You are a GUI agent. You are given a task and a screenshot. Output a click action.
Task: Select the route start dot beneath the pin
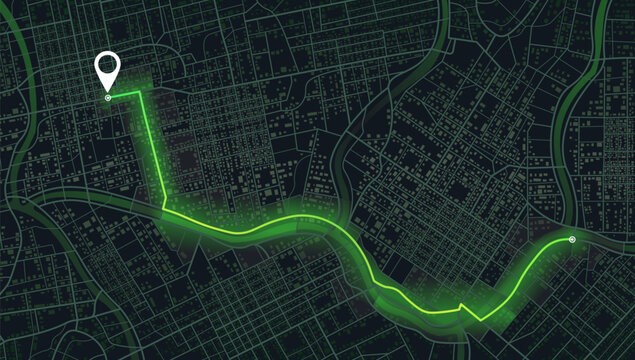tap(107, 98)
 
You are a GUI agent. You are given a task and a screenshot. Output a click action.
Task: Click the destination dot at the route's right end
tap(571, 240)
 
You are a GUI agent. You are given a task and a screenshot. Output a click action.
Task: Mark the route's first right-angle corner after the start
tap(140, 94)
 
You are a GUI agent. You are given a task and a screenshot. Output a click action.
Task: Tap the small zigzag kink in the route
tap(460, 305)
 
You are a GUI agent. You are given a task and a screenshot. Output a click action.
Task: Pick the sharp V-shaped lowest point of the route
tap(480, 320)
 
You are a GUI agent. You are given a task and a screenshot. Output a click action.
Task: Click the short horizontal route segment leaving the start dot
tap(123, 96)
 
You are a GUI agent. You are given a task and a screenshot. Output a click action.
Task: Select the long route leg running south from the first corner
tap(151, 150)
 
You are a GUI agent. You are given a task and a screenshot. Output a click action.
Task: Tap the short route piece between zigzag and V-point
tap(471, 313)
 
